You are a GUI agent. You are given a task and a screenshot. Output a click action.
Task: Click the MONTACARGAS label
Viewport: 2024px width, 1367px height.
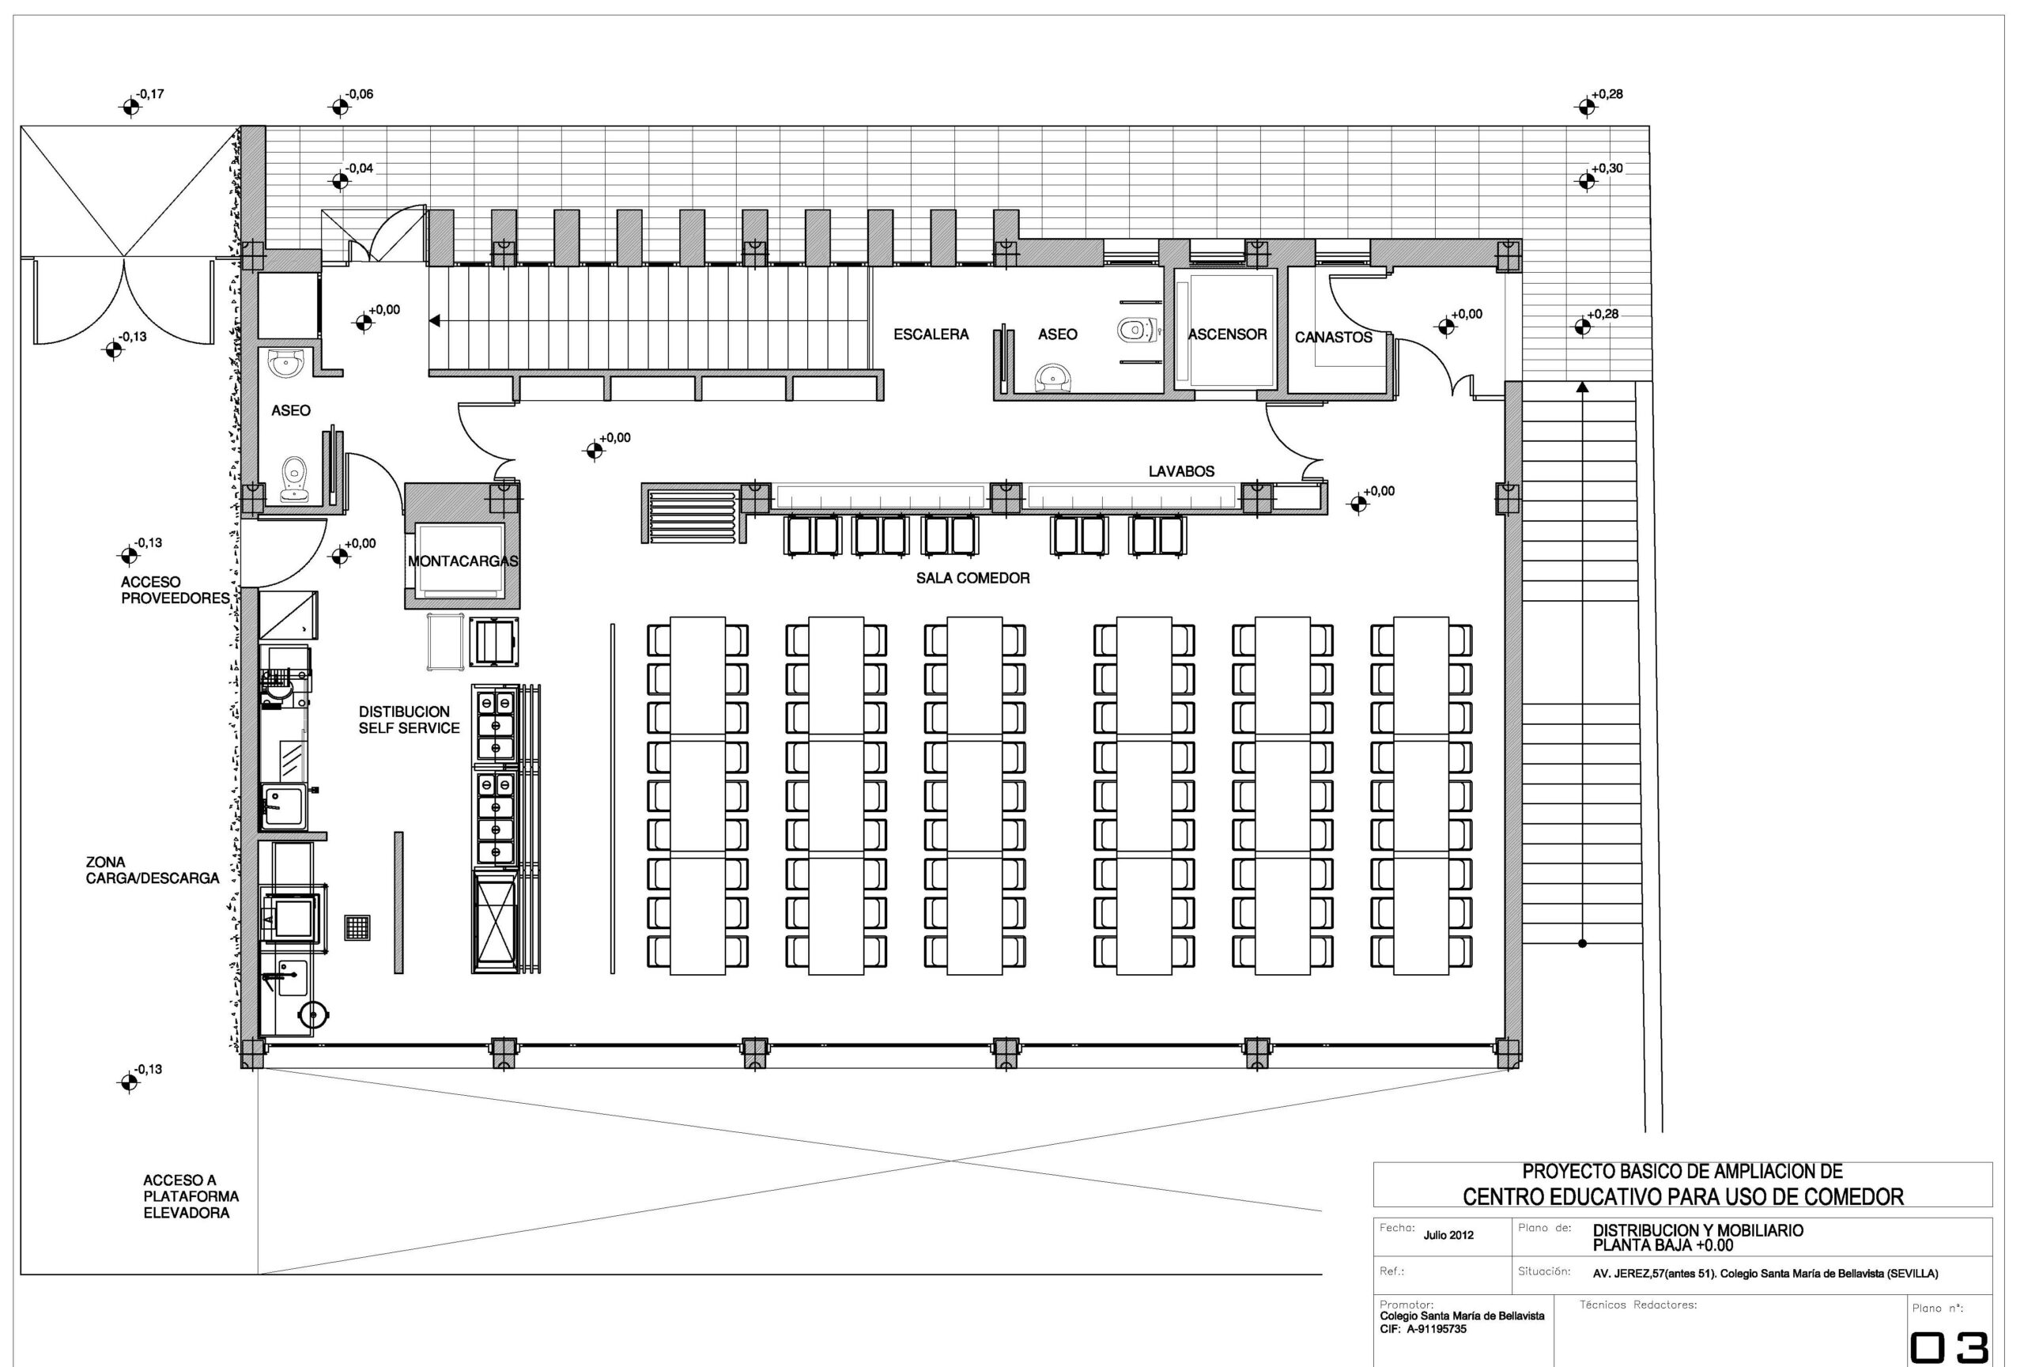[x=463, y=561]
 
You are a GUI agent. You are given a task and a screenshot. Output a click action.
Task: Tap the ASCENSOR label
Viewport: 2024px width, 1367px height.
[x=1227, y=334]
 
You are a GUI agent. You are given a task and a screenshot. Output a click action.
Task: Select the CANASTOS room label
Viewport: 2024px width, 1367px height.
[x=1333, y=337]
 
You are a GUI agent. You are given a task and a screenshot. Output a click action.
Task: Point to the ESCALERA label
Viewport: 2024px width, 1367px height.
[x=931, y=334]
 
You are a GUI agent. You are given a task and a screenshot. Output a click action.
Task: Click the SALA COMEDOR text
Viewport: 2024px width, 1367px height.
[x=972, y=578]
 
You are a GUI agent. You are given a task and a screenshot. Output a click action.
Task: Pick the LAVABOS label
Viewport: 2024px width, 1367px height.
[x=1181, y=471]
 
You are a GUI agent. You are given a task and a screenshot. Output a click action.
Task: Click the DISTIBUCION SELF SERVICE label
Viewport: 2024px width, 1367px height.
[x=410, y=720]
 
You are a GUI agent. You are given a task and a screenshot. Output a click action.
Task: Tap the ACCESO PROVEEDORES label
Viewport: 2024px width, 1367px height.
[x=175, y=591]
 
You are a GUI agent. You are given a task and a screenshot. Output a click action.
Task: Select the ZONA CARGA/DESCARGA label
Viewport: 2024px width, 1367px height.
[x=153, y=870]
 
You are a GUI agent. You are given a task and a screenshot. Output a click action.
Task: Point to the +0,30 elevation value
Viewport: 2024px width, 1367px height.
[x=1607, y=168]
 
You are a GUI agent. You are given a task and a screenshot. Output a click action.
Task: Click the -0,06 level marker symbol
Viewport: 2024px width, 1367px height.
[x=339, y=107]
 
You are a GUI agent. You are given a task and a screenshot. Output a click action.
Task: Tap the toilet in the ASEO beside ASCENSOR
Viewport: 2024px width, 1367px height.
[x=1135, y=330]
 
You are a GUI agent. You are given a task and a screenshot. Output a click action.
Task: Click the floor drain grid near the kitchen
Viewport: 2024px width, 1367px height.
[x=358, y=927]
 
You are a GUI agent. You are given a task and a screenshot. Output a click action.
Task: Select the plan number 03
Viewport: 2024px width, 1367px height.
[x=1949, y=1349]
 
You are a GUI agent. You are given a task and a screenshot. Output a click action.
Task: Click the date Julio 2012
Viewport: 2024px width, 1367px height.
[x=1448, y=1235]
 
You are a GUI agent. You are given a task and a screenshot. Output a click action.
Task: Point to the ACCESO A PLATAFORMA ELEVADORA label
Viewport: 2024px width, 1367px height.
[x=191, y=1196]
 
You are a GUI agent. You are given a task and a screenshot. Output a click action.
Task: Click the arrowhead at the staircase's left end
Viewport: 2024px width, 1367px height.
[x=435, y=321]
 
